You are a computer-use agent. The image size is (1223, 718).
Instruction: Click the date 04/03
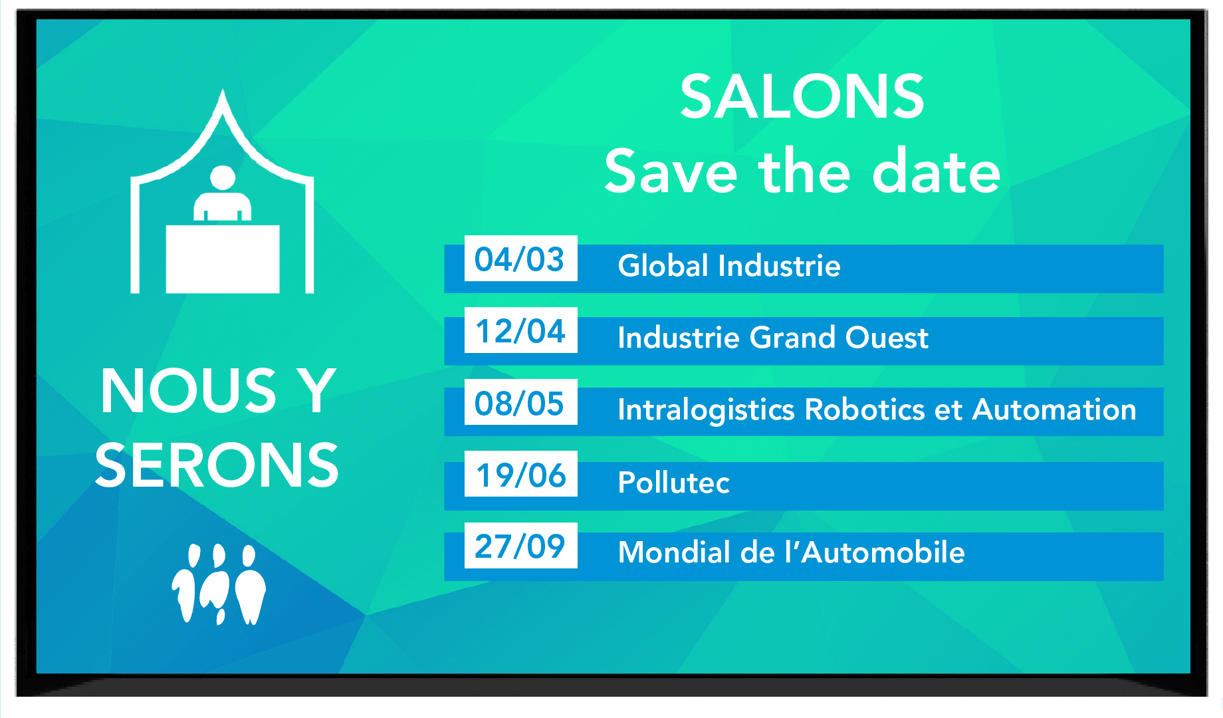click(x=520, y=259)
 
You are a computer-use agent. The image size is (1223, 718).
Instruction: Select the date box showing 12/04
click(x=520, y=330)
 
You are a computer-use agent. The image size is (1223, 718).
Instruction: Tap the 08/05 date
click(x=520, y=402)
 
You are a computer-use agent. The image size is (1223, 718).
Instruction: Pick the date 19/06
click(x=520, y=474)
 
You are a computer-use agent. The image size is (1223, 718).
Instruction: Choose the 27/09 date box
click(x=520, y=546)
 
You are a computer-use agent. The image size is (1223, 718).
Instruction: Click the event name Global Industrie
click(x=729, y=266)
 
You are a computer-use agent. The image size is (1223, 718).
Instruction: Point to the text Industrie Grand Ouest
click(x=772, y=338)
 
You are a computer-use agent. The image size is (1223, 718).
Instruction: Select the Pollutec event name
click(x=673, y=482)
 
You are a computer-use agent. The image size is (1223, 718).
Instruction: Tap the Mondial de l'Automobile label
click(x=791, y=552)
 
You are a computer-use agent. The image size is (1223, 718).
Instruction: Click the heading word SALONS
click(x=802, y=97)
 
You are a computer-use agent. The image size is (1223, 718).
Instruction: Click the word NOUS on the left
click(x=189, y=391)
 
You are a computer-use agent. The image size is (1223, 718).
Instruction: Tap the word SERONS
click(x=217, y=465)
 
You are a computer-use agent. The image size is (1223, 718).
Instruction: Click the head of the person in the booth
click(x=223, y=178)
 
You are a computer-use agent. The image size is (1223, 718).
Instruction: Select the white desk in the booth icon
click(x=223, y=259)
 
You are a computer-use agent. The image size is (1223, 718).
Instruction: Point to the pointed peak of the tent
click(x=223, y=91)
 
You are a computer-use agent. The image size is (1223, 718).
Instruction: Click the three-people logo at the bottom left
click(x=219, y=584)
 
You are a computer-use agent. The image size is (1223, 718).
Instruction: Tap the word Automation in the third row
click(x=1054, y=410)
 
